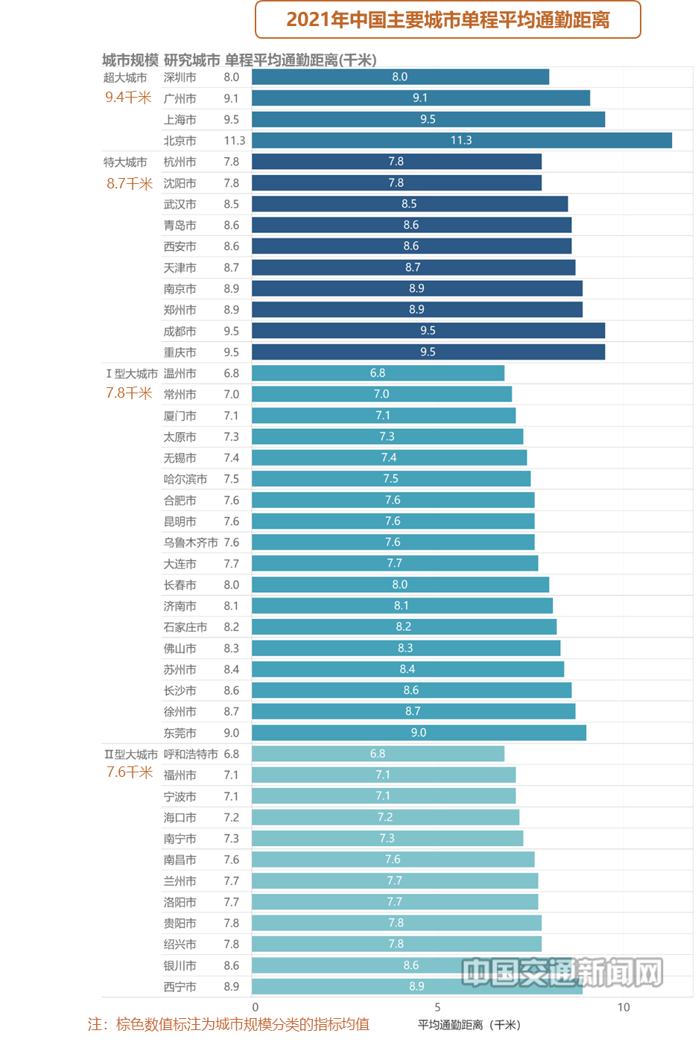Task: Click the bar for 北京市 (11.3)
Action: point(462,140)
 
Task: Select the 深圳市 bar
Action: point(400,77)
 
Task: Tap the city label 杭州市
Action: point(180,162)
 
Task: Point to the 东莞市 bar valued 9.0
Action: point(419,733)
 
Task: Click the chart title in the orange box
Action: point(448,19)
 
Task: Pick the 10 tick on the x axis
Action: point(624,1007)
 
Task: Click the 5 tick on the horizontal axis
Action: point(437,1007)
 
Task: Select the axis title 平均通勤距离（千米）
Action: point(469,1025)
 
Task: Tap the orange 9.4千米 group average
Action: point(128,98)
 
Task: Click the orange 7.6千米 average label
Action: point(130,772)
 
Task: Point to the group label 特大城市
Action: point(125,162)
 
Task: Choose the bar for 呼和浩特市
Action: point(378,754)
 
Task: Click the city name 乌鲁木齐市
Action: point(191,542)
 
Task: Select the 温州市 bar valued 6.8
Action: point(378,373)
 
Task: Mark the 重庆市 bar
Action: point(428,352)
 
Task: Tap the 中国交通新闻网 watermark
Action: point(562,973)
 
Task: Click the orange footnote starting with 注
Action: point(229,1024)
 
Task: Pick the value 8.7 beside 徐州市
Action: point(232,711)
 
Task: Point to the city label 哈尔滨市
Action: point(185,479)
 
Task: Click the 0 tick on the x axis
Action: point(256,1007)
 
